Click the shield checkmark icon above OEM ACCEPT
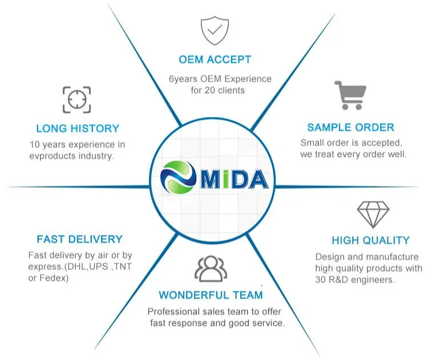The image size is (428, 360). pos(215,31)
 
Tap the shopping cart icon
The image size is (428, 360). pos(350,95)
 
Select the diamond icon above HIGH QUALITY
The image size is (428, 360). pos(373,215)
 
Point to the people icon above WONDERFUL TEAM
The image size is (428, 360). pos(211,268)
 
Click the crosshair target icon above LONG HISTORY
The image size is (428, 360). pos(76,99)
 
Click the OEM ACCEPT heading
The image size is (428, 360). pos(215,59)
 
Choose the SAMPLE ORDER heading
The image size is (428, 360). pos(350,127)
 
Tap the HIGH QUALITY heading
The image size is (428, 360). pos(370,240)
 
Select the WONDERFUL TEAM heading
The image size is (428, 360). pos(211,295)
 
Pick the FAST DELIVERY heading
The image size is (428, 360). pos(79,239)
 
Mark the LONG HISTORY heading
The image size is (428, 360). pos(78,128)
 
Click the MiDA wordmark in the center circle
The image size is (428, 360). pos(233,180)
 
